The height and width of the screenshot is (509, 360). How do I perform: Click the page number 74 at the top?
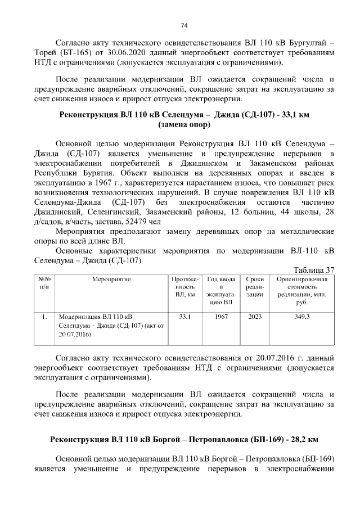pyautogui.click(x=183, y=25)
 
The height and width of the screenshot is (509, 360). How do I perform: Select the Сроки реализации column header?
pyautogui.click(x=255, y=287)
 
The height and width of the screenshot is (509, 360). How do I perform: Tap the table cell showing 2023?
pyautogui.click(x=255, y=317)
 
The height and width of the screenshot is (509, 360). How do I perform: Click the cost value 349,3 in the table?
pyautogui.click(x=302, y=317)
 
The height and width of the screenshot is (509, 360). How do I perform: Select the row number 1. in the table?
pyautogui.click(x=44, y=317)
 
